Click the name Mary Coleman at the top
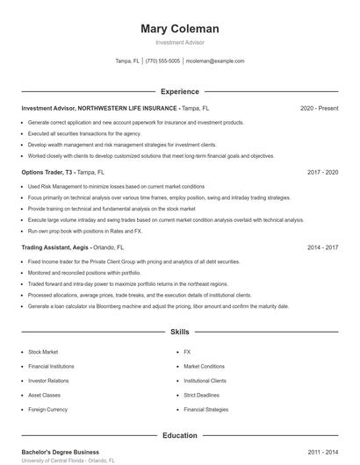(180, 29)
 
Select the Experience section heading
(180, 91)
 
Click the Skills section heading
(180, 333)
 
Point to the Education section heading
(180, 435)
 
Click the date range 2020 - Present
(319, 108)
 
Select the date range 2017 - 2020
(322, 173)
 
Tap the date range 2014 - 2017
(322, 247)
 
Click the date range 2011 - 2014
(322, 451)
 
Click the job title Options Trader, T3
(47, 173)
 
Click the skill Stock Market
(43, 351)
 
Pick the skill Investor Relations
(48, 381)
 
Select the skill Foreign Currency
(47, 410)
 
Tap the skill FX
(187, 351)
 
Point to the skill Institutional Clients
(205, 381)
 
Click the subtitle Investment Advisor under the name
(180, 42)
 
